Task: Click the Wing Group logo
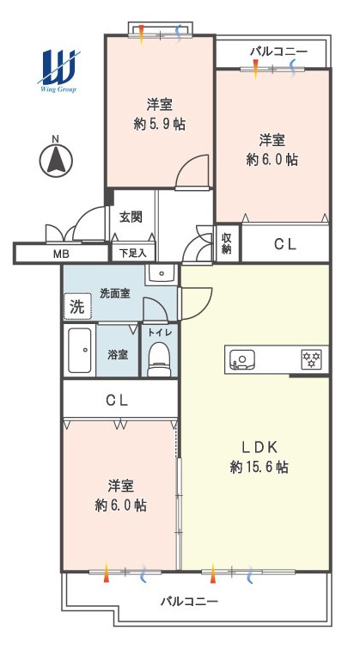(x=58, y=71)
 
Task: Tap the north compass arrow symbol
(x=56, y=161)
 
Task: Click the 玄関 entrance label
(x=131, y=217)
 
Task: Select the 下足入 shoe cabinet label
(x=133, y=254)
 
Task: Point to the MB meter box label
(x=61, y=254)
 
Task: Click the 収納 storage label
(x=226, y=244)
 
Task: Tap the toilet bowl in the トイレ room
(x=159, y=359)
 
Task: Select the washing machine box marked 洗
(x=77, y=307)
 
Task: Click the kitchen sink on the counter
(x=241, y=358)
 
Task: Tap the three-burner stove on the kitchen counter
(x=312, y=359)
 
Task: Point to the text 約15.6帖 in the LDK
(x=259, y=468)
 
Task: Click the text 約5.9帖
(x=159, y=124)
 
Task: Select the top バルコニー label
(x=278, y=52)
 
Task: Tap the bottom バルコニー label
(x=189, y=601)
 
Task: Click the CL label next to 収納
(x=285, y=245)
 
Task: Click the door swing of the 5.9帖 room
(x=192, y=172)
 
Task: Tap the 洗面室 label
(x=115, y=293)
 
